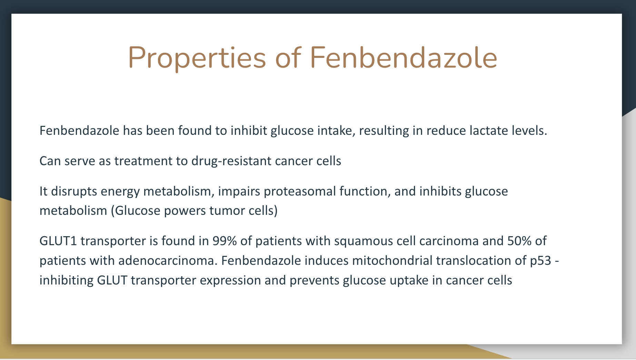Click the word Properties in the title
click(197, 58)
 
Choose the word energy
click(120, 192)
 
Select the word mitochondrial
click(392, 260)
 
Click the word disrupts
click(74, 192)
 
